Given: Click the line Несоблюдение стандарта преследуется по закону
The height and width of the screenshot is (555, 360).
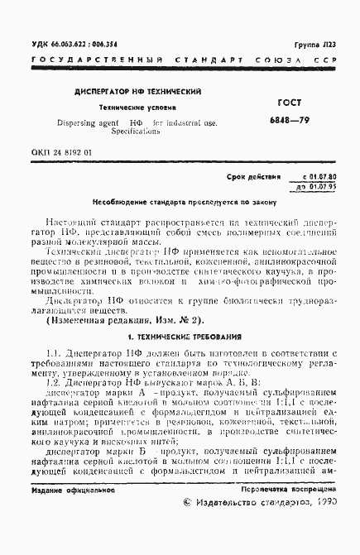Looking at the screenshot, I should click(180, 202).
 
